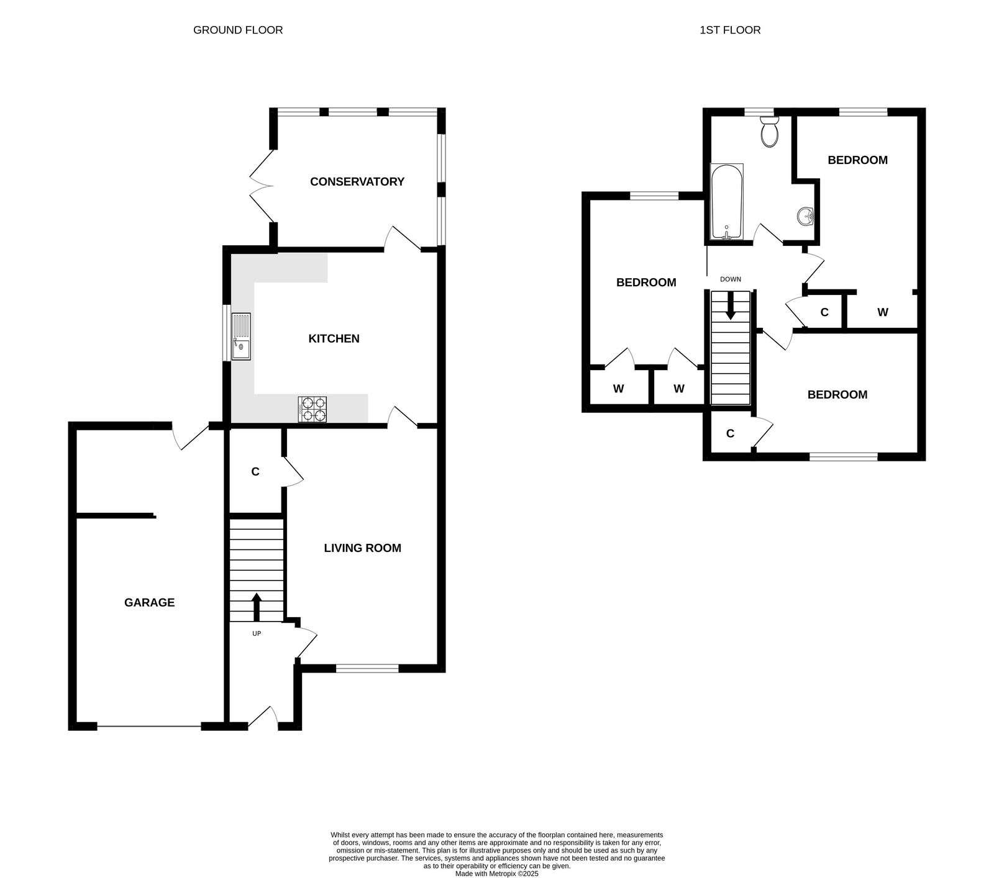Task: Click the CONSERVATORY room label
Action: (x=357, y=181)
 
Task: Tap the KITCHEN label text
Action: (x=334, y=338)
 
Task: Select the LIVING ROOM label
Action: (x=362, y=548)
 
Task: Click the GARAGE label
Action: (x=149, y=602)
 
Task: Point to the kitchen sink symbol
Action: (x=241, y=337)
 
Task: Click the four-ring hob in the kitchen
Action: (x=312, y=409)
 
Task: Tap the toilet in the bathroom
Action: (x=769, y=132)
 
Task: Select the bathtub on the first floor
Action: (x=726, y=202)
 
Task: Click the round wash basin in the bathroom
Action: (x=805, y=216)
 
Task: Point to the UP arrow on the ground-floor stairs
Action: (x=256, y=607)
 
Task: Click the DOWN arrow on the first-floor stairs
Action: (x=731, y=305)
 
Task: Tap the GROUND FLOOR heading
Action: (x=238, y=30)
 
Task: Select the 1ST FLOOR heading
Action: (x=730, y=30)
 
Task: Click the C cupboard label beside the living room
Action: (x=255, y=472)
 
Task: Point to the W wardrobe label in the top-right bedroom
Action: (x=882, y=312)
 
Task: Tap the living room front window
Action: (x=367, y=669)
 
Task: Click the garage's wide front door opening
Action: (x=149, y=726)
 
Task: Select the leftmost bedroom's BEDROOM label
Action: (x=646, y=283)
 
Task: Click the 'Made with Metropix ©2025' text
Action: (x=497, y=873)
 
